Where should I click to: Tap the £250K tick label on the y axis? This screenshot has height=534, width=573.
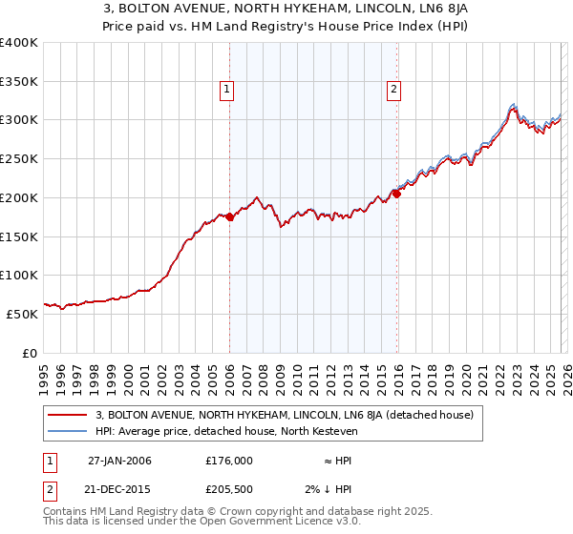[x=19, y=159]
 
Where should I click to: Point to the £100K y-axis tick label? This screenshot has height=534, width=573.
[x=19, y=276]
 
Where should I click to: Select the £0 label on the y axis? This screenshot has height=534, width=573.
[x=29, y=353]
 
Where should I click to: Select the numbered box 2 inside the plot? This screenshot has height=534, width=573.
[x=393, y=91]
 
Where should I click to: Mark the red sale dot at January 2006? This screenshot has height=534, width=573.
[x=230, y=217]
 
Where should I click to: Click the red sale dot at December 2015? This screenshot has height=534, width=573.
[x=397, y=195]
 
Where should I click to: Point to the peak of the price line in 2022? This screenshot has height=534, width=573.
[x=514, y=105]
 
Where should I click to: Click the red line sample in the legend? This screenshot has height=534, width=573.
[x=68, y=415]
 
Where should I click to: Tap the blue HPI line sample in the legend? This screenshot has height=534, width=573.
[x=68, y=431]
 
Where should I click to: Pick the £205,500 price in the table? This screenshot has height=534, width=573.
[x=229, y=491]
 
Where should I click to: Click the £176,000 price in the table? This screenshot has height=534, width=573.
[x=229, y=461]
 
